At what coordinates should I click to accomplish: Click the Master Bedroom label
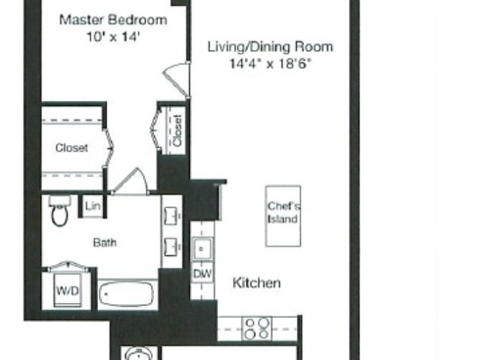tap(113, 19)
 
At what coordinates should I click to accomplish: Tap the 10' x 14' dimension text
tap(113, 36)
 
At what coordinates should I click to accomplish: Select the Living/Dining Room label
tap(269, 46)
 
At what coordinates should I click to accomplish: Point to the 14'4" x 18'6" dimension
tap(269, 64)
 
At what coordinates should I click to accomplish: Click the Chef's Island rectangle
tap(283, 212)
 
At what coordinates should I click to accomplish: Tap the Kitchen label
tap(257, 283)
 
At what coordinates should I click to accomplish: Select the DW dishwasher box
tap(203, 274)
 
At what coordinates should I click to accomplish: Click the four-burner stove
tap(257, 329)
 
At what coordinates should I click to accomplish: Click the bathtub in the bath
tap(126, 293)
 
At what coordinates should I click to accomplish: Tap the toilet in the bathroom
tap(60, 211)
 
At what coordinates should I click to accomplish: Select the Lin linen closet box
tap(93, 206)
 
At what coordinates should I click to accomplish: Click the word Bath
tap(105, 241)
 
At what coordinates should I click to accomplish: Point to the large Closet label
tap(72, 148)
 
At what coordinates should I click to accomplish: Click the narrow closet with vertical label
tap(176, 129)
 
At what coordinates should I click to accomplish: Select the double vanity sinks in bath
tap(171, 230)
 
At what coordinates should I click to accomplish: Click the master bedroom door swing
tap(176, 76)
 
